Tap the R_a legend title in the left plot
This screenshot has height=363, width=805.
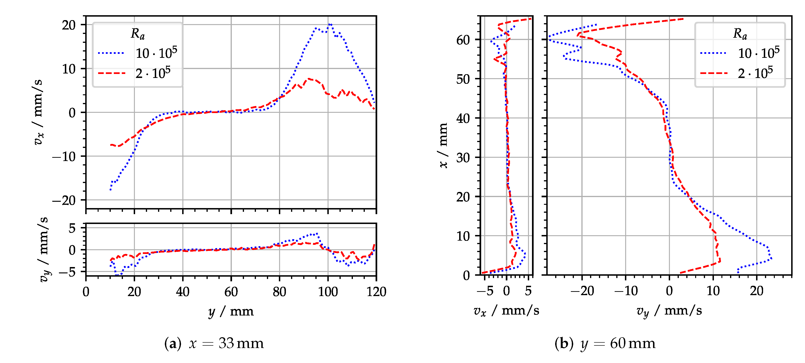pyautogui.click(x=137, y=33)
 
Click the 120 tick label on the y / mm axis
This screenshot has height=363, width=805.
pyautogui.click(x=376, y=292)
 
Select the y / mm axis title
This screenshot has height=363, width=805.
pyautogui.click(x=231, y=312)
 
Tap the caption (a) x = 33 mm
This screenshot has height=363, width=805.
pyautogui.click(x=214, y=343)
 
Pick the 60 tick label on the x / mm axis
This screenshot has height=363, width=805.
pyautogui.click(x=463, y=40)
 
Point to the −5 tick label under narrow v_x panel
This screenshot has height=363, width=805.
pyautogui.click(x=485, y=291)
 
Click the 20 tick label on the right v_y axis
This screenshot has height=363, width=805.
pyautogui.click(x=756, y=291)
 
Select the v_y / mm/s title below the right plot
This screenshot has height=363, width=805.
pyautogui.click(x=669, y=311)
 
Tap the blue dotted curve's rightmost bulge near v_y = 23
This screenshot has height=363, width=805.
pyautogui.click(x=771, y=258)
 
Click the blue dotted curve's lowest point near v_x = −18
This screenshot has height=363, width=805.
pyautogui.click(x=111, y=189)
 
